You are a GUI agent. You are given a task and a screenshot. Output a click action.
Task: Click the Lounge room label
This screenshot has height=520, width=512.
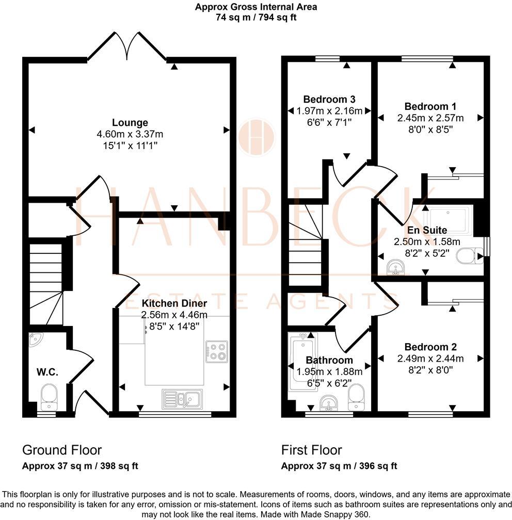(x=130, y=123)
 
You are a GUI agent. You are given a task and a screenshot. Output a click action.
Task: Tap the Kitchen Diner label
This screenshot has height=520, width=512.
(x=174, y=303)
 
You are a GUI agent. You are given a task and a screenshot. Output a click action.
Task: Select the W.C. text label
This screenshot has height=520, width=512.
(x=45, y=372)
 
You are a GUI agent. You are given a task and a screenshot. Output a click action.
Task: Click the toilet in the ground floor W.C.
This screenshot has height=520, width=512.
(x=49, y=395)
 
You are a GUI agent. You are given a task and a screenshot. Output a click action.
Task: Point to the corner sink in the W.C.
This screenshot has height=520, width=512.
(x=36, y=339)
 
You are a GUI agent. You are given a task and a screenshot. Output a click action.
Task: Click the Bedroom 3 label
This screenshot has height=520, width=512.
(x=329, y=99)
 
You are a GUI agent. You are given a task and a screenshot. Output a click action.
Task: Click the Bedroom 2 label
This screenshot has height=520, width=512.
(x=430, y=347)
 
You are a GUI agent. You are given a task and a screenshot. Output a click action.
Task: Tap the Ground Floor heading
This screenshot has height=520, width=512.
(x=62, y=450)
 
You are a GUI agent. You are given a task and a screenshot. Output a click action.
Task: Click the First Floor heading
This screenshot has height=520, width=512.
(x=311, y=450)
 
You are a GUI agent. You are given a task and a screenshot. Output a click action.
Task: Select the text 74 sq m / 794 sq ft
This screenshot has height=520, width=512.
(x=256, y=17)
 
